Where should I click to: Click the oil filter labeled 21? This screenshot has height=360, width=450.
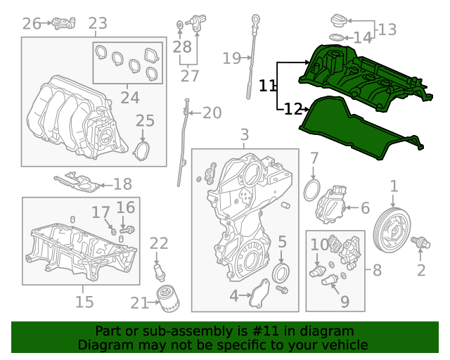coord(168,299)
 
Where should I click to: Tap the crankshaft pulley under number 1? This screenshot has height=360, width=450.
coord(392,230)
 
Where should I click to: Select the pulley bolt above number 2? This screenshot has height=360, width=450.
coord(420,243)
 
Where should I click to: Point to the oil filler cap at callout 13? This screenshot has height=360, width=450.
coord(339,21)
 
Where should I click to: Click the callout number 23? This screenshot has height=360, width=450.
coord(98,23)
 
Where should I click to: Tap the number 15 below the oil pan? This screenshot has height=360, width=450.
coord(84,302)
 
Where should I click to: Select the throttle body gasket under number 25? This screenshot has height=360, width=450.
coord(142,150)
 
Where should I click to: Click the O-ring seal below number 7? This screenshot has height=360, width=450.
coord(311,191)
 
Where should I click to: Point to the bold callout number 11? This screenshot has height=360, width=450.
coord(267,86)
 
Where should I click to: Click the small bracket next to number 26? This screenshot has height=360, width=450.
coord(64,23)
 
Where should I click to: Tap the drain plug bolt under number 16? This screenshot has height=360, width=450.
coord(127,230)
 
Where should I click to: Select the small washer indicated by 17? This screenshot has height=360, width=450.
coord(113,231)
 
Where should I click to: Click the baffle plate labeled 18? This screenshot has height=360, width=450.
coord(77,183)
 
